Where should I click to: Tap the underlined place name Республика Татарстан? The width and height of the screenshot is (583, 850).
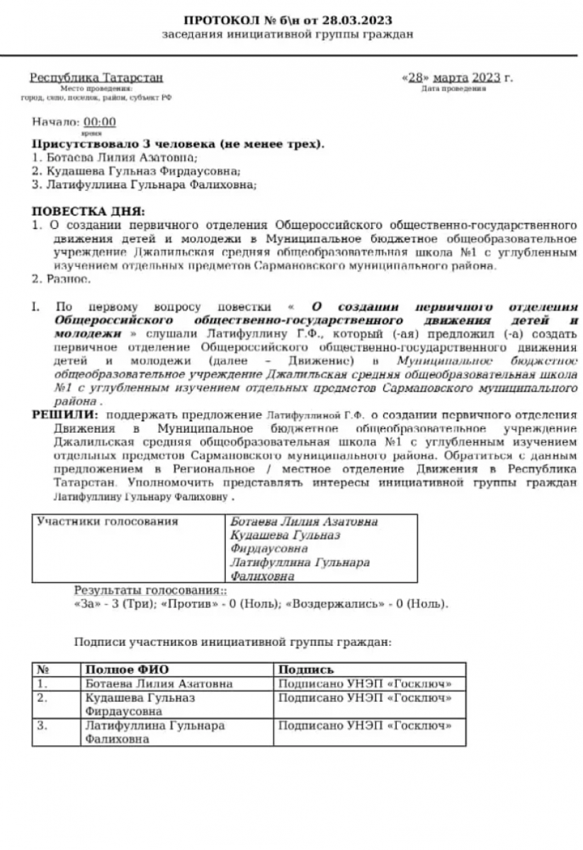(x=96, y=77)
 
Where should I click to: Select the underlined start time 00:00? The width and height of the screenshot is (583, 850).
(x=100, y=122)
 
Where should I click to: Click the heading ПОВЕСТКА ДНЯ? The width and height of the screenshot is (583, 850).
(x=89, y=211)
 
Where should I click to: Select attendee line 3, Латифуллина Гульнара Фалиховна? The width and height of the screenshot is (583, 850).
(x=144, y=185)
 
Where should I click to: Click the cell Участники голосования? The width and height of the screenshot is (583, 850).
(x=108, y=522)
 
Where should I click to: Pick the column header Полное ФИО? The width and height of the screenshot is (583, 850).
(x=128, y=669)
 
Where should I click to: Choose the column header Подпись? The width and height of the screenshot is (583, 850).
(x=306, y=669)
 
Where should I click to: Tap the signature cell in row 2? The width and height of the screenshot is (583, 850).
(x=365, y=698)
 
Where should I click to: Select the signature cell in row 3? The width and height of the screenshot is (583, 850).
(x=365, y=726)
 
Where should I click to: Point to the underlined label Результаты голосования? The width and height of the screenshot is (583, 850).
(x=148, y=590)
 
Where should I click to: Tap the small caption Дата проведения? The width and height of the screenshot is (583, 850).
(x=453, y=89)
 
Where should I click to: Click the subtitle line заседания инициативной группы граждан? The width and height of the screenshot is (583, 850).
(x=287, y=34)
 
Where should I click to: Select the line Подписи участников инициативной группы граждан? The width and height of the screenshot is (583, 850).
(x=232, y=643)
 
